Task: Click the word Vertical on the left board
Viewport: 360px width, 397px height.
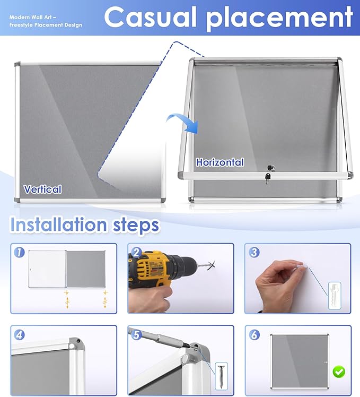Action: point(42,189)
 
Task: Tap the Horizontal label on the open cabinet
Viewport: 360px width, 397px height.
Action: point(220,162)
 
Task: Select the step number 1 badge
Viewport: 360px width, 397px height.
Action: point(19,252)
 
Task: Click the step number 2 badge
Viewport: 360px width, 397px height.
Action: point(137,253)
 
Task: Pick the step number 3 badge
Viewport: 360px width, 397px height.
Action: point(254,252)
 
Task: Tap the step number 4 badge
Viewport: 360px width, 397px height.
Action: point(19,335)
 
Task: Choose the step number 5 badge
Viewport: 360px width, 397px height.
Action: point(137,335)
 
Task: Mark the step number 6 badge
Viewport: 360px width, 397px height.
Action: point(254,335)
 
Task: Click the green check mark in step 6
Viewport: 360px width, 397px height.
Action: point(339,372)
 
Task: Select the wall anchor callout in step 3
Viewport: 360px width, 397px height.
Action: point(335,296)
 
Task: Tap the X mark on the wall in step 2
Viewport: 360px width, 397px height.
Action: point(211,265)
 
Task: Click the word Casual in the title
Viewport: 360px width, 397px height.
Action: point(150,16)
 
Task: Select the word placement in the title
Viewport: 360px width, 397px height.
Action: point(279,18)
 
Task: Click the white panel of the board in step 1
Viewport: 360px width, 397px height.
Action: point(47,269)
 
